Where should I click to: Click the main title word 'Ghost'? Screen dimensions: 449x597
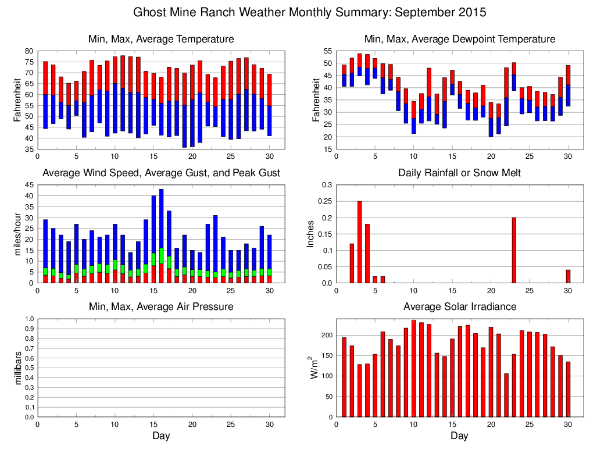pyautogui.click(x=149, y=12)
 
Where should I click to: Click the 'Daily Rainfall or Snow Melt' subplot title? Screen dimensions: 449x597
pyautogui.click(x=459, y=173)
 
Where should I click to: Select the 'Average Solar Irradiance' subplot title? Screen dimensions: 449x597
pyautogui.click(x=459, y=307)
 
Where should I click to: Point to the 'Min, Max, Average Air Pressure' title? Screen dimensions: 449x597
pyautogui.click(x=161, y=307)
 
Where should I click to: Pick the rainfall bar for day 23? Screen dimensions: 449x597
pyautogui.click(x=514, y=250)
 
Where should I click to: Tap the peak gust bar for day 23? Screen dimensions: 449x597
pyautogui.click(x=215, y=243)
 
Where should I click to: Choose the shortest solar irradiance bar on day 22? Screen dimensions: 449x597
pyautogui.click(x=506, y=395)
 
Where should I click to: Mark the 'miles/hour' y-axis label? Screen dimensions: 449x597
pyautogui.click(x=17, y=234)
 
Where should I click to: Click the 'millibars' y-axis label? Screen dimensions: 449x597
pyautogui.click(x=17, y=368)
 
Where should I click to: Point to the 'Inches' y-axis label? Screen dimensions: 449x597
pyautogui.click(x=311, y=234)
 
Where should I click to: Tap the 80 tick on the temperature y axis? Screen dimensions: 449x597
pyautogui.click(x=28, y=51)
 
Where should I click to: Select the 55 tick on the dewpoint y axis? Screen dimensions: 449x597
pyautogui.click(x=328, y=51)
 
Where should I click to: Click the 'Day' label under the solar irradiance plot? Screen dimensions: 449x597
pyautogui.click(x=459, y=436)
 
